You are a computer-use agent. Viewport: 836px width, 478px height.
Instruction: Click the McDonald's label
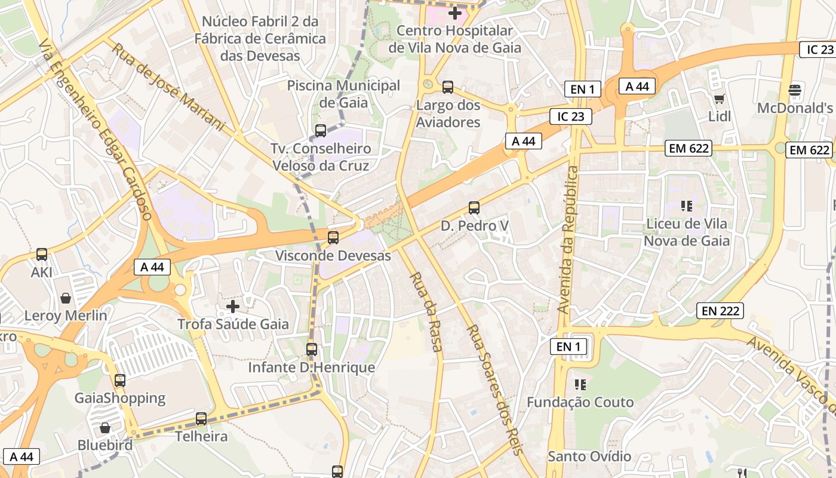795,108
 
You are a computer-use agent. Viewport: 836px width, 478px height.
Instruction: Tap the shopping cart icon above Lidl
719,99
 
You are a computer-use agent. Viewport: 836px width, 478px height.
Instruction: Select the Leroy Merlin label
66,315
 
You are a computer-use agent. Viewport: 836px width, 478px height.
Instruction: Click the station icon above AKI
42,255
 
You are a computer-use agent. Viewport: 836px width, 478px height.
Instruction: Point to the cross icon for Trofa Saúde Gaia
233,307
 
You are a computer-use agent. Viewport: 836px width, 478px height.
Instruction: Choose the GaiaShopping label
120,398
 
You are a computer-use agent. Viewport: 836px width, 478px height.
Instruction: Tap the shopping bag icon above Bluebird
105,428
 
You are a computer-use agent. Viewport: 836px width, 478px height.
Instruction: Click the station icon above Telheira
201,419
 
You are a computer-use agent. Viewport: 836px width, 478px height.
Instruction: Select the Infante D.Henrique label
312,367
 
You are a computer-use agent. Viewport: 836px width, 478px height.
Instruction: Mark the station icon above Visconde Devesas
333,238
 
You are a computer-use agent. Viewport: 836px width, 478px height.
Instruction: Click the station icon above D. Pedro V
474,208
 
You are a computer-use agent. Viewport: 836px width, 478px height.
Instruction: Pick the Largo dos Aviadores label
448,114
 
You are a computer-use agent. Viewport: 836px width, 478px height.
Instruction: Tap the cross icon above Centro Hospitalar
455,13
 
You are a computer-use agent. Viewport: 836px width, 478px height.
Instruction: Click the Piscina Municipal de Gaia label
343,94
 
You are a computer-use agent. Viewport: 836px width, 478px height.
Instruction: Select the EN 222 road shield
720,311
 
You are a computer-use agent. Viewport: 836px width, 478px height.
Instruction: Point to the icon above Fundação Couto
580,384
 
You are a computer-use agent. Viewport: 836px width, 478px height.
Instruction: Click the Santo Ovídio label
589,456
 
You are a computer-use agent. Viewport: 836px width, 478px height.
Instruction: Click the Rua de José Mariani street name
168,87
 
